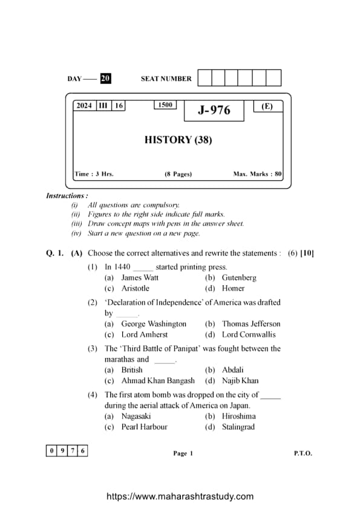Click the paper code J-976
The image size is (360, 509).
click(x=214, y=110)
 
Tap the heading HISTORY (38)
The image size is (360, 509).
click(x=178, y=140)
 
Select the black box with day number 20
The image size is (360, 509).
click(x=105, y=79)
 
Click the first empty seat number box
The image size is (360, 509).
click(x=205, y=78)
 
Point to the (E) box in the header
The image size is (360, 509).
click(x=267, y=106)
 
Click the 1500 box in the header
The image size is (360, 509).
click(x=165, y=105)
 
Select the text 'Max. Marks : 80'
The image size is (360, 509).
click(x=257, y=174)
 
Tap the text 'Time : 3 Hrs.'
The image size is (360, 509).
click(x=94, y=174)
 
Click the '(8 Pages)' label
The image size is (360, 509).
click(x=178, y=174)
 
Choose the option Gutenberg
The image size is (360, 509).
click(x=239, y=277)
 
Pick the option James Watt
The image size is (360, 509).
click(x=140, y=277)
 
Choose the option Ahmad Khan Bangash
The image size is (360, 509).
click(x=158, y=381)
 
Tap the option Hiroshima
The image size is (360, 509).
click(x=238, y=416)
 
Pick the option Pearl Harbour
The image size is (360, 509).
click(x=144, y=427)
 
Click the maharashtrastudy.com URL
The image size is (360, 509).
click(x=180, y=496)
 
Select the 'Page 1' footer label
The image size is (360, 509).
click(x=183, y=453)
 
